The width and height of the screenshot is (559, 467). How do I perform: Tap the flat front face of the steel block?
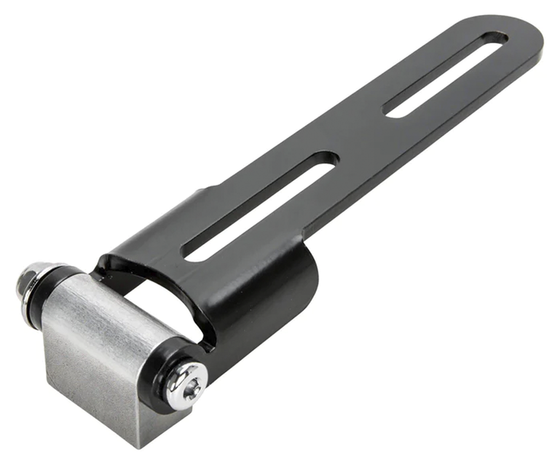click(x=82, y=376)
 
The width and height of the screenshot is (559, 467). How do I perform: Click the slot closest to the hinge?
click(x=259, y=206)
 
